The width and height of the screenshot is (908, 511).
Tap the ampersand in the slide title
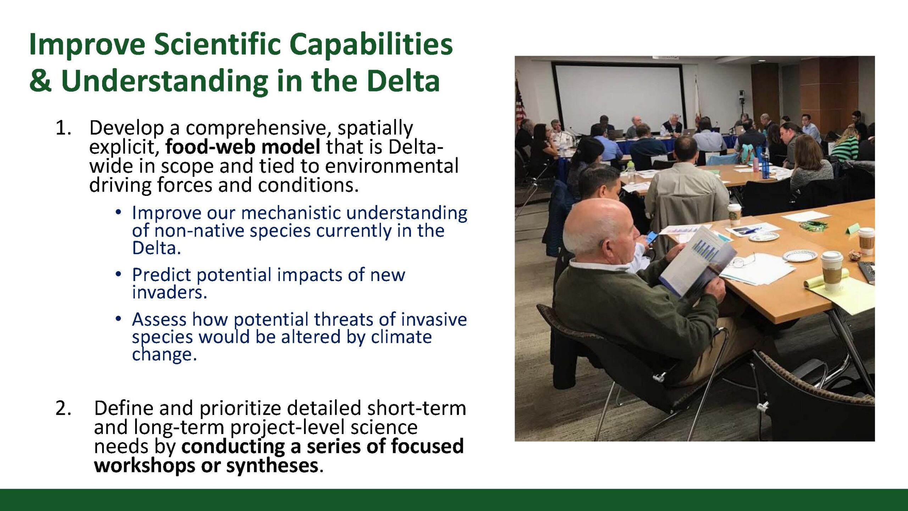click(40, 81)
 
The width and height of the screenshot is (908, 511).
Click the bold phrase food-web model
click(243, 147)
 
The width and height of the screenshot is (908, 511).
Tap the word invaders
click(170, 292)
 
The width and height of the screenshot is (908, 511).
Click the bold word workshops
click(144, 465)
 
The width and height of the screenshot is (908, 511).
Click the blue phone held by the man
click(652, 238)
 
